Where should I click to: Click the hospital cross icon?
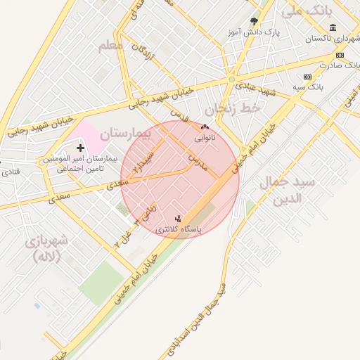(80, 148)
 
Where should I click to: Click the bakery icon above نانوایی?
(205, 127)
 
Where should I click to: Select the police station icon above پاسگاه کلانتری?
(178, 219)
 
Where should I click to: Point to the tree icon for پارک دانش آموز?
(254, 21)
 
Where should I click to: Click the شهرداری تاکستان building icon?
(331, 28)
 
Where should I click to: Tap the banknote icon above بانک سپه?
(307, 77)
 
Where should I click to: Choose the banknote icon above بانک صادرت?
(340, 55)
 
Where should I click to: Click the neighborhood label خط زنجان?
(232, 109)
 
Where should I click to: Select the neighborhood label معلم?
(110, 45)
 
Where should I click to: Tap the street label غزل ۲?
(125, 235)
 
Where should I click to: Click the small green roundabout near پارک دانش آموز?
(231, 79)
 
